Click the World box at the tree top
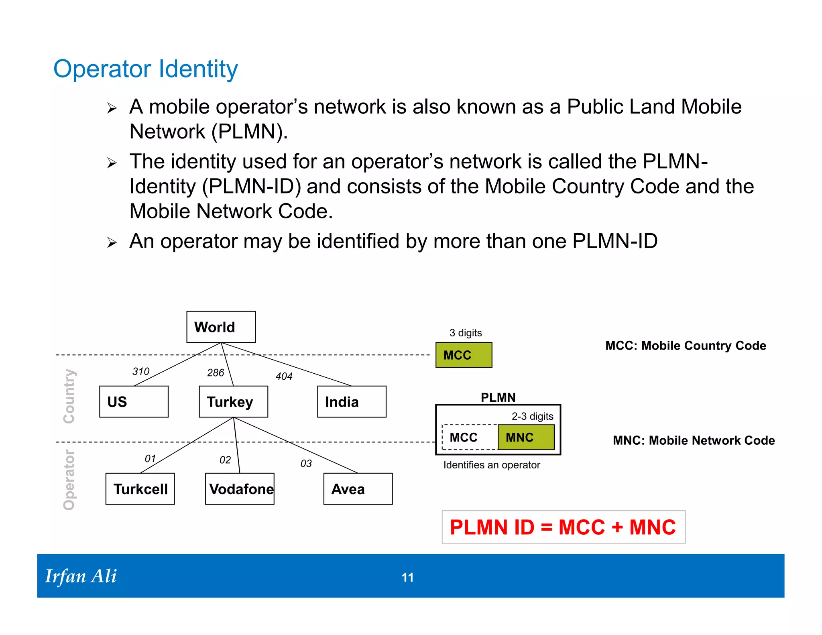pyautogui.click(x=221, y=327)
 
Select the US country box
pyautogui.click(x=134, y=401)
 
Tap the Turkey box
pyautogui.click(x=233, y=401)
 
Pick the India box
pyautogui.click(x=352, y=401)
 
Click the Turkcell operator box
pyautogui.click(x=140, y=488)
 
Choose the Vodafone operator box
pyautogui.click(x=240, y=488)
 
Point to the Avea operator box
pyautogui.click(x=358, y=488)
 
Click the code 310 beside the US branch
pyautogui.click(x=141, y=371)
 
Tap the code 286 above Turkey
pyautogui.click(x=216, y=373)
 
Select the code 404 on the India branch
pyautogui.click(x=284, y=376)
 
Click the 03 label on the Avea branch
pyautogui.click(x=306, y=464)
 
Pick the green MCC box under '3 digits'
pyautogui.click(x=464, y=355)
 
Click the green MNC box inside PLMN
pyautogui.click(x=526, y=437)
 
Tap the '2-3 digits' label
pyautogui.click(x=532, y=416)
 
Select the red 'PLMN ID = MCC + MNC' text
pyautogui.click(x=563, y=527)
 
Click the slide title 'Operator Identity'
pyautogui.click(x=146, y=69)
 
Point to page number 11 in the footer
pyautogui.click(x=407, y=577)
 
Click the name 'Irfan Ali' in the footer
pyautogui.click(x=81, y=576)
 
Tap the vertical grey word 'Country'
pyautogui.click(x=69, y=396)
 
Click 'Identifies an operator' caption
pyautogui.click(x=491, y=465)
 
